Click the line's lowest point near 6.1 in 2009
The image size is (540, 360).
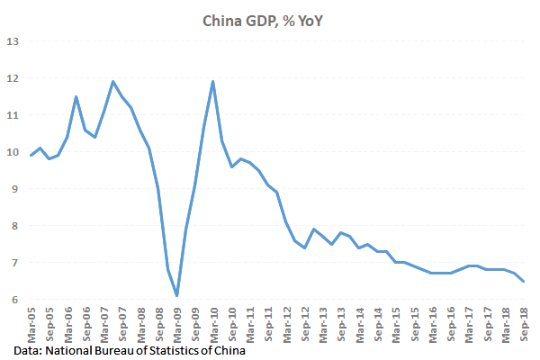[x=176, y=295]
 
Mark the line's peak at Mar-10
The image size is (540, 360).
[x=212, y=82]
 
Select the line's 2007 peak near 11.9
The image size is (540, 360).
[x=112, y=82]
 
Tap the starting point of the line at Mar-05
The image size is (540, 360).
[x=31, y=156]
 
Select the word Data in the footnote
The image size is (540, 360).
[x=27, y=350]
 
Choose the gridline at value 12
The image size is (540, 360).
[x=270, y=78]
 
